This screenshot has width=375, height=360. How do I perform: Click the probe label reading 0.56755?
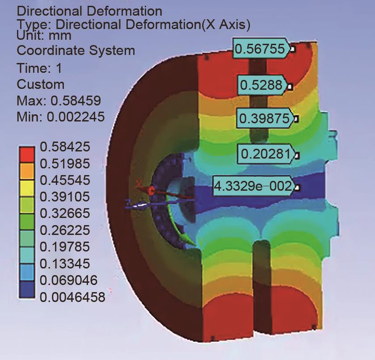(262, 49)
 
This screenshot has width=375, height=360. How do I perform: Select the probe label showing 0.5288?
(262, 85)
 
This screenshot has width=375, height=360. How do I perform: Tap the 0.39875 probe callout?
(265, 118)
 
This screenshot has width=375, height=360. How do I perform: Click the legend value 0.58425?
(65, 147)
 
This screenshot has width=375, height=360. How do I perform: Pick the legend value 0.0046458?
(72, 297)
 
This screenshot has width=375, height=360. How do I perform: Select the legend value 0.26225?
(65, 230)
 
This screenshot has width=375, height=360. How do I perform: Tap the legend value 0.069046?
(69, 280)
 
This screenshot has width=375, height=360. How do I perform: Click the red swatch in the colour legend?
(27, 155)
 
